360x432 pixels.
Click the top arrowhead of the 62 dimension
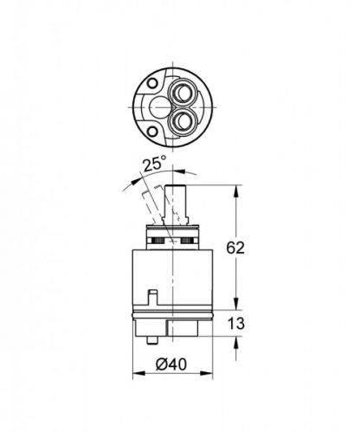[235, 188]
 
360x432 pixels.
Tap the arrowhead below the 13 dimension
[235, 345]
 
